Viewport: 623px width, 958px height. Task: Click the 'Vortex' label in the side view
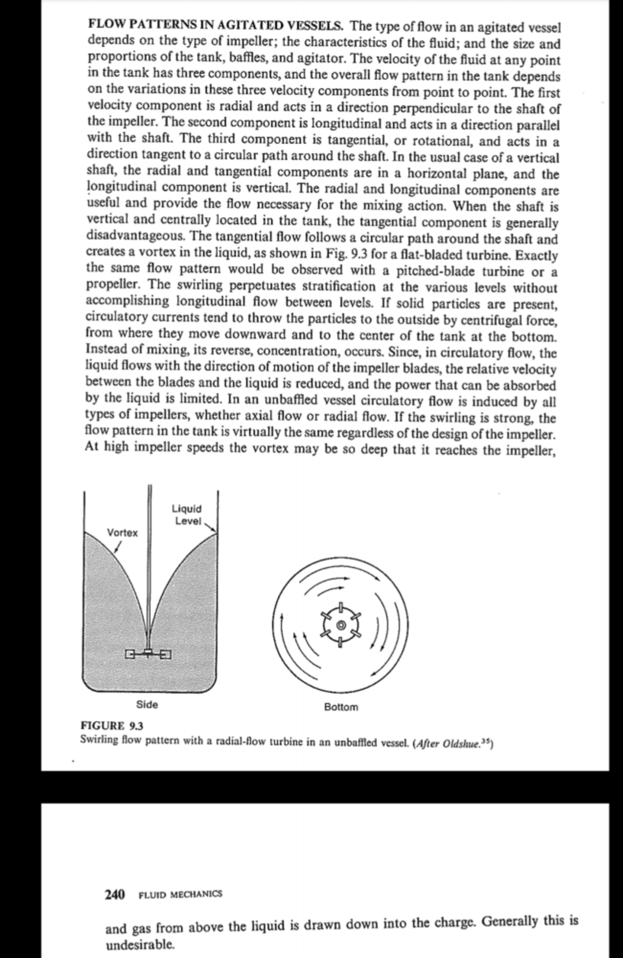[x=123, y=533]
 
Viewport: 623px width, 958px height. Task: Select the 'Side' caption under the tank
[x=147, y=704]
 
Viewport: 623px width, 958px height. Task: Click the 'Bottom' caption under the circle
[x=341, y=707]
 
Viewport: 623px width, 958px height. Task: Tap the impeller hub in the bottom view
[x=341, y=625]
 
